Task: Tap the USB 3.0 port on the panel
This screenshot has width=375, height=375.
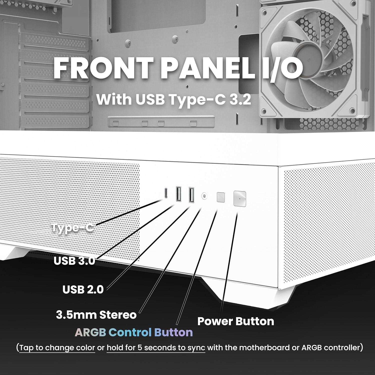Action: [x=179, y=194]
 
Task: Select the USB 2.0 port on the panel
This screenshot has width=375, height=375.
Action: [x=191, y=194]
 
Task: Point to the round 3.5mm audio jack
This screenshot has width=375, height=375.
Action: [x=204, y=196]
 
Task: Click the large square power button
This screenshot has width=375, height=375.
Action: [x=239, y=199]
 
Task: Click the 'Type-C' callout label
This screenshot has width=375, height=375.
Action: [x=73, y=228]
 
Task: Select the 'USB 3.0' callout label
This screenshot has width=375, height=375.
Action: [x=74, y=261]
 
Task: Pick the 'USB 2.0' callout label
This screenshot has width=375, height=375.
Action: [x=83, y=289]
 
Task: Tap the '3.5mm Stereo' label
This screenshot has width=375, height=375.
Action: [x=96, y=315]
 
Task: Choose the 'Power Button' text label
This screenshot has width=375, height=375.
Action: [x=235, y=321]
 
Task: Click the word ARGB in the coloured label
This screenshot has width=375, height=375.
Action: [x=90, y=333]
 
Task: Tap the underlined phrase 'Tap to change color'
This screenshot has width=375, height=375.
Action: [x=57, y=348]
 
